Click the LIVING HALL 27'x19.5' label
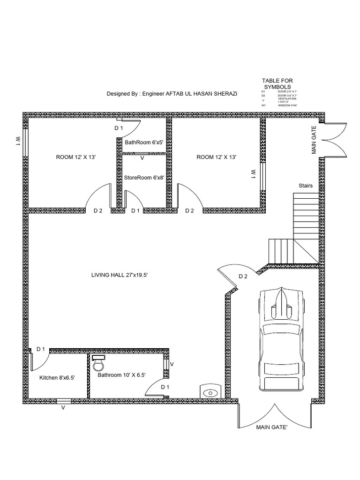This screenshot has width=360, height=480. coord(120,275)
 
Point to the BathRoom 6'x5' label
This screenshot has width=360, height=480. coord(143,142)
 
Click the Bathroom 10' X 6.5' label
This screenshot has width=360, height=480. coord(121,375)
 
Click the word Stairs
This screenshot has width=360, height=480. coord(306,186)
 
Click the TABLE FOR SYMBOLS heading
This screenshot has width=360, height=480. coord(277,84)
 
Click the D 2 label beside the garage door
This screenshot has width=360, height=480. coord(243,276)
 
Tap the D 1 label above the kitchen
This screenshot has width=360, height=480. coord(40,349)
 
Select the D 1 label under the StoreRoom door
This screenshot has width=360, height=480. coord(135,211)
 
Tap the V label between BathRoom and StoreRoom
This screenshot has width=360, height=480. coord(142,158)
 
